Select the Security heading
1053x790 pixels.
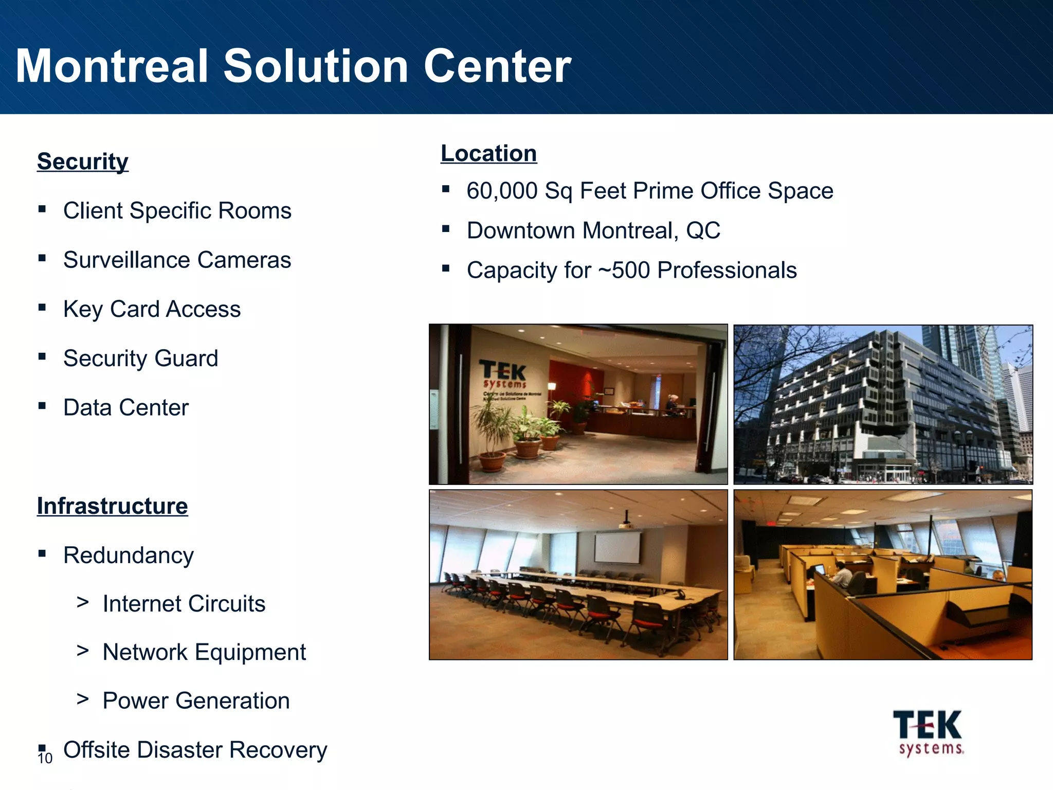(x=83, y=161)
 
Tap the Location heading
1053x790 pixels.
(x=488, y=153)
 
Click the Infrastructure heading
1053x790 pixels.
(x=112, y=506)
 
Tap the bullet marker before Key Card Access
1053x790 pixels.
(x=42, y=308)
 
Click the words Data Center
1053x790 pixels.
(x=126, y=408)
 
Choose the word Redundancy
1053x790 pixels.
(x=129, y=555)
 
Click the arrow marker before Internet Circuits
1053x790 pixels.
(x=82, y=602)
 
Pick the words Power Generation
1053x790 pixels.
(x=196, y=701)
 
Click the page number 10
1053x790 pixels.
(x=45, y=759)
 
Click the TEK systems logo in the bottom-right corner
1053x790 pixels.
(x=928, y=732)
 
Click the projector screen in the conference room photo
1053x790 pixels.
(x=618, y=547)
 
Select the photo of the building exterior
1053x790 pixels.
(x=883, y=404)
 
